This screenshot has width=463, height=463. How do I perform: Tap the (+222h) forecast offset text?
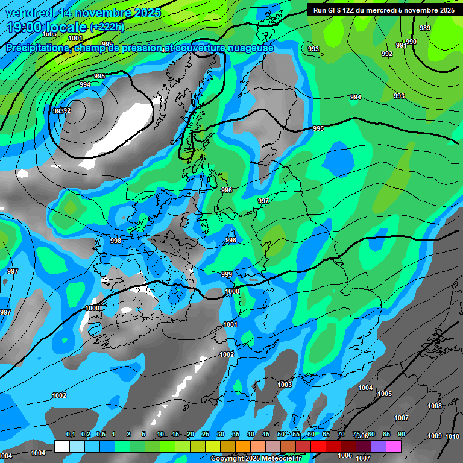[x=107, y=27]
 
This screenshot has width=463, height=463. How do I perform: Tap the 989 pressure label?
[x=425, y=28]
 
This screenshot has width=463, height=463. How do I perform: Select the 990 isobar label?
[x=411, y=42]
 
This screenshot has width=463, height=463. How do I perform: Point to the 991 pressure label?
[x=401, y=46]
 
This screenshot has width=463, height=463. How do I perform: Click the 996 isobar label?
[x=227, y=190]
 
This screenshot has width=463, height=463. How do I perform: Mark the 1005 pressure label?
[x=385, y=394]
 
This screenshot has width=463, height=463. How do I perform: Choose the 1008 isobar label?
[x=435, y=406]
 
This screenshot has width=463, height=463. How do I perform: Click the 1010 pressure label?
[x=453, y=436]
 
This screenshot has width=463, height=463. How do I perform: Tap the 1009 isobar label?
[x=435, y=436]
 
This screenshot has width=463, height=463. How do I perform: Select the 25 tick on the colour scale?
[x=205, y=435]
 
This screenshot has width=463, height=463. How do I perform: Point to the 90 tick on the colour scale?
[x=401, y=435]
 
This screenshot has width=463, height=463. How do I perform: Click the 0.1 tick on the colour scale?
[x=71, y=435]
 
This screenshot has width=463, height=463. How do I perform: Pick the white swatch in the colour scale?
[x=62, y=446]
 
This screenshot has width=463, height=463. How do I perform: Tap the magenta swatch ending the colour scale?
[x=394, y=446]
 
